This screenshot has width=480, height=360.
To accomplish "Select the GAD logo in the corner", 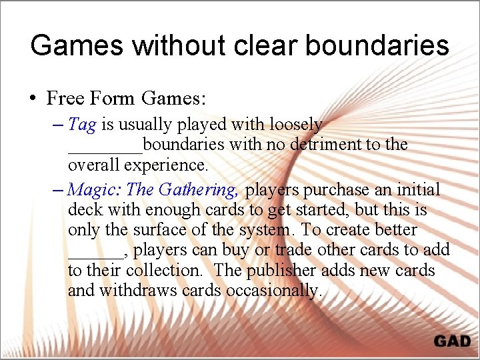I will [x=452, y=341].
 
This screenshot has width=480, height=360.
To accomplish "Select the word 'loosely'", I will [x=297, y=125].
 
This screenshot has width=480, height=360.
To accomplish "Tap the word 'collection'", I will [x=158, y=271].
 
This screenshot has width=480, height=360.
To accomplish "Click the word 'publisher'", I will [x=282, y=271].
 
